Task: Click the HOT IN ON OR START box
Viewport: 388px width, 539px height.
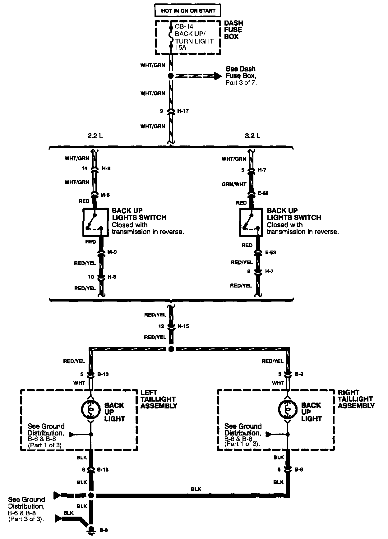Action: (188, 11)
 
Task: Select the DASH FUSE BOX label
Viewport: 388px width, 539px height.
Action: (233, 30)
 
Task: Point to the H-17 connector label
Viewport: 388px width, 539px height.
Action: (183, 111)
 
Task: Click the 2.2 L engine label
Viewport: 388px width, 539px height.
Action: (95, 136)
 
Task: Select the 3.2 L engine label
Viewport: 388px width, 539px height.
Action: (252, 136)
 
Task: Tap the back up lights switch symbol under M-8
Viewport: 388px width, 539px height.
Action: (95, 223)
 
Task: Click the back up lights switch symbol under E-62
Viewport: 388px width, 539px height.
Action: (252, 223)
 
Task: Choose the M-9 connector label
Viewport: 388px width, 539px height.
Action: (112, 252)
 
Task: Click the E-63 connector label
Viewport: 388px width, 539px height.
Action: (270, 252)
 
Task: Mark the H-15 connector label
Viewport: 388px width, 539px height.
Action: (183, 326)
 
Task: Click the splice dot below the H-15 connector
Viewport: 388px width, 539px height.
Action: (171, 349)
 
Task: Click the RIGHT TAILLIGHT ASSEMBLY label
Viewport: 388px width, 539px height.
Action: (356, 399)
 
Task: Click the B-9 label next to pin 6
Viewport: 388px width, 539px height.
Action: (299, 469)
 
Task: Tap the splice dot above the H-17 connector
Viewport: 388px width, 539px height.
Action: (170, 76)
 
